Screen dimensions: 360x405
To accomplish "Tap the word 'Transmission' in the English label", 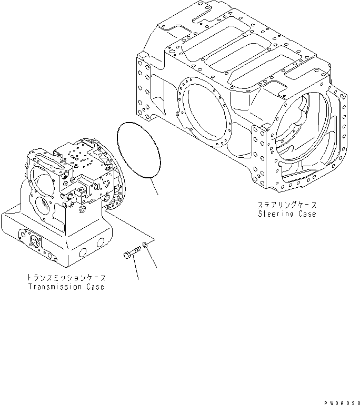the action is [x=54, y=287].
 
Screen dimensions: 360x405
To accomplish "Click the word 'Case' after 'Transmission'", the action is [x=94, y=287].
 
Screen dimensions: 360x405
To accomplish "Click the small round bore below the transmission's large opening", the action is [x=42, y=207].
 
